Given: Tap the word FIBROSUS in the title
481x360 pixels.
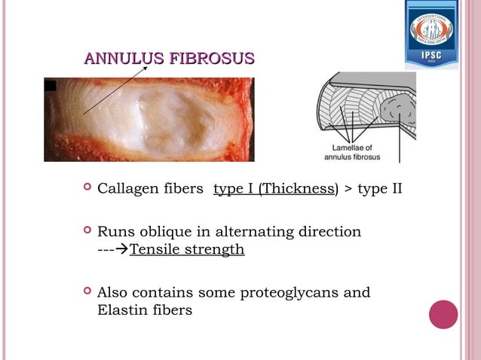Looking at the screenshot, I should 213,59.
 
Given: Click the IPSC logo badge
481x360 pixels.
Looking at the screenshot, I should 431,34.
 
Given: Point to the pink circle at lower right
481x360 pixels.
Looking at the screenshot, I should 443,314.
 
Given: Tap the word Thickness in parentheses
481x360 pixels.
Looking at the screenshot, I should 298,188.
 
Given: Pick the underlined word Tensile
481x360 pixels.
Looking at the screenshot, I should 155,249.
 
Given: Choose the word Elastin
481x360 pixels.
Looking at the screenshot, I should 123,310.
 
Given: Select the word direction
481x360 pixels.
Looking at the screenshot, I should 329,231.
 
